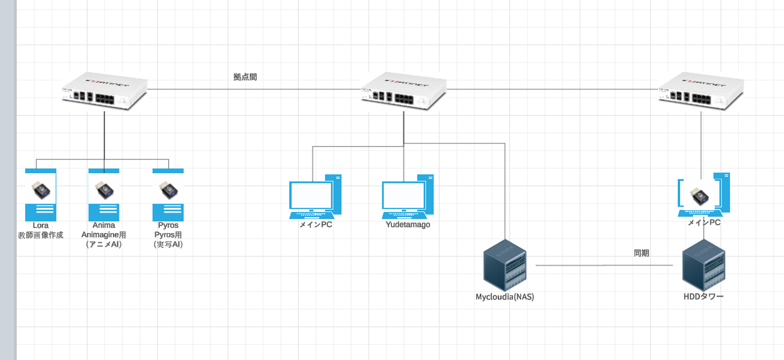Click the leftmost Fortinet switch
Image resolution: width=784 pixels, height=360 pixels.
(x=104, y=91)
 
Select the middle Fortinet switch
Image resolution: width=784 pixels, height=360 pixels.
(x=403, y=91)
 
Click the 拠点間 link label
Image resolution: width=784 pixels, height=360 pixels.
(x=245, y=77)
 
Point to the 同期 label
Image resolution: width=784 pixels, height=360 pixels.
(x=641, y=253)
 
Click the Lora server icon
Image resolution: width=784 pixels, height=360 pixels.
(x=41, y=194)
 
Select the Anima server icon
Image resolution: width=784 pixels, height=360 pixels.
(x=104, y=194)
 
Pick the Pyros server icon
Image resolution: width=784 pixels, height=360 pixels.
(x=168, y=194)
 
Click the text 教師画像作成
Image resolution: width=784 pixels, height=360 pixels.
(x=41, y=235)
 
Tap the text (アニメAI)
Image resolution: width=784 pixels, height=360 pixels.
(x=104, y=245)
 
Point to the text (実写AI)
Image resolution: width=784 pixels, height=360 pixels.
(x=168, y=245)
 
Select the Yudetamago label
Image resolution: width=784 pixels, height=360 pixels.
(x=407, y=225)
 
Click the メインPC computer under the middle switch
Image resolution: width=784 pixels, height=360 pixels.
(x=315, y=196)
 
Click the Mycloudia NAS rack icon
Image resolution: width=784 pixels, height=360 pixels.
(x=505, y=265)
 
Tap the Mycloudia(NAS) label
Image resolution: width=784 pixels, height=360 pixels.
(x=505, y=297)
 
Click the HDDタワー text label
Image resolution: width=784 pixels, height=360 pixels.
(x=703, y=297)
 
